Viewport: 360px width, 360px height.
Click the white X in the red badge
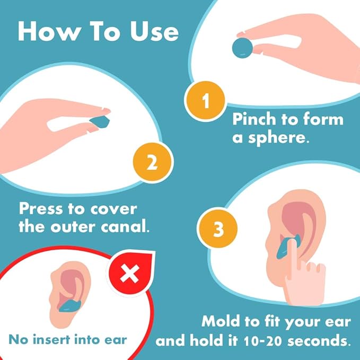tap(128, 274)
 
